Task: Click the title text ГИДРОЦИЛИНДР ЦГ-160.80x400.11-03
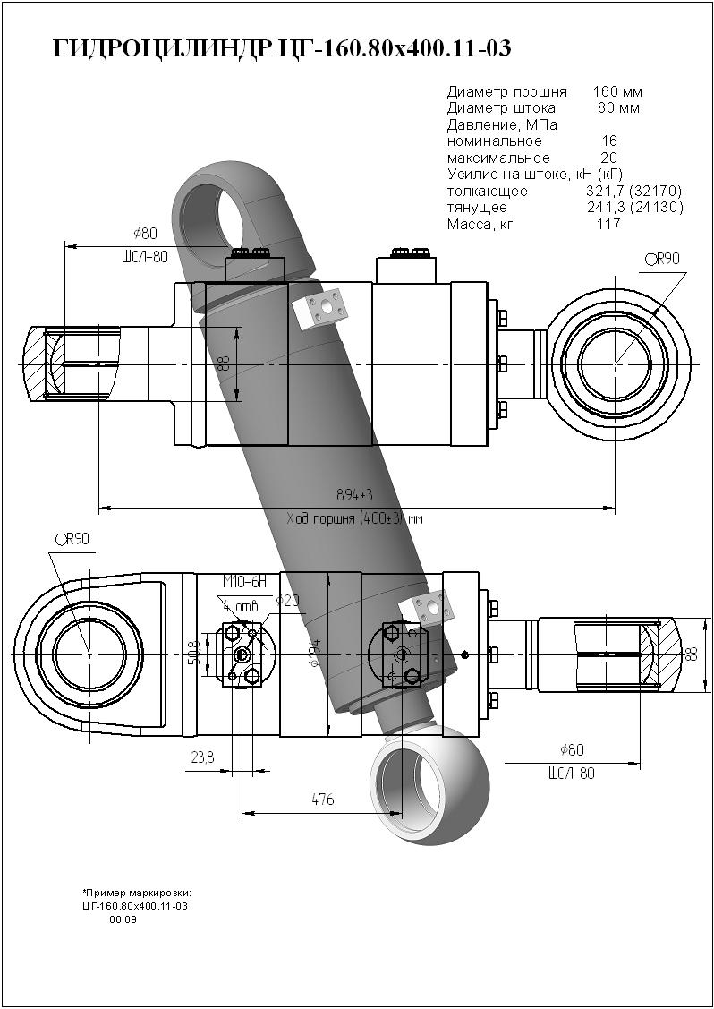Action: (282, 48)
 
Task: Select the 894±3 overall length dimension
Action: (354, 495)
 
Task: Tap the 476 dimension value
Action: (322, 800)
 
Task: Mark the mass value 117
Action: (608, 224)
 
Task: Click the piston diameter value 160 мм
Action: (617, 91)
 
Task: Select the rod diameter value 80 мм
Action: (618, 108)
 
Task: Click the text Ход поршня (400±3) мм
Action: (354, 518)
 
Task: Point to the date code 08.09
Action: (123, 919)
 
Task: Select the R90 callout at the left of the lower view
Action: (72, 539)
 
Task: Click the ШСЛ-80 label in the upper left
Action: (144, 257)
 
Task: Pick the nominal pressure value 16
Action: (609, 141)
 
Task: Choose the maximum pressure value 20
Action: (608, 158)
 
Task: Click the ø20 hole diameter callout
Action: (286, 601)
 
